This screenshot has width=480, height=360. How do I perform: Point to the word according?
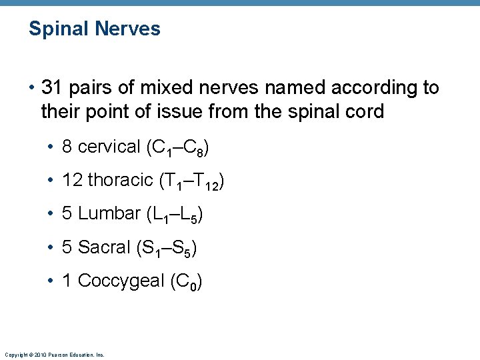point(375,88)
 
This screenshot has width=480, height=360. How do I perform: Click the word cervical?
point(109,147)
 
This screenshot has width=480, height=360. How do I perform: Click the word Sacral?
point(104,247)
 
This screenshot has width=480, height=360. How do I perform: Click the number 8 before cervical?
point(67,147)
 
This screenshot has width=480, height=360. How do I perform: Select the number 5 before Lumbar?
point(67,213)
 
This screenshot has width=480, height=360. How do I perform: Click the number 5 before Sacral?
point(67,247)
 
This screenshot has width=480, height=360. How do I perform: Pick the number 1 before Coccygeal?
point(67,281)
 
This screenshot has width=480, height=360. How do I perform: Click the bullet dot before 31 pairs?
point(31,88)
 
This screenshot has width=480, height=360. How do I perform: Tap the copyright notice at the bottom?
point(54,355)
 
